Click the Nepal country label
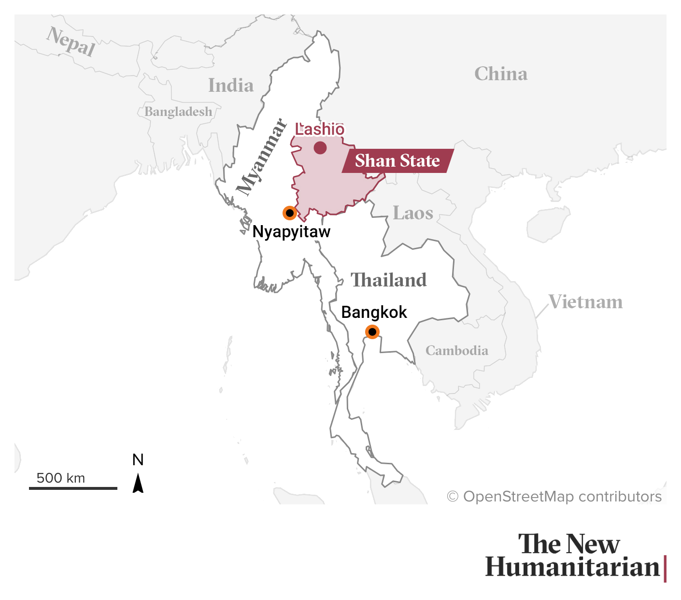point(71,42)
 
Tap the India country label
point(231,86)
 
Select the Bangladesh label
point(178,112)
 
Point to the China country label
point(501,74)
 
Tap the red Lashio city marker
point(320,148)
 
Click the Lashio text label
point(320,129)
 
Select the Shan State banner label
point(397,161)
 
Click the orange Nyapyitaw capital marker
point(289,213)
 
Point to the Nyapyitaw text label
point(291,232)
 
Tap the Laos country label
point(413,213)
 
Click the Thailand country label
point(389,280)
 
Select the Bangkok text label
point(374,313)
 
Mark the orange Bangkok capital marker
point(372,332)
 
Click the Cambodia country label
point(457,350)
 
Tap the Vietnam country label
point(585,302)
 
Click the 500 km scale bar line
point(73,488)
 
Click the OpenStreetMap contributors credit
point(554,497)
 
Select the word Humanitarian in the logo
point(572,567)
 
